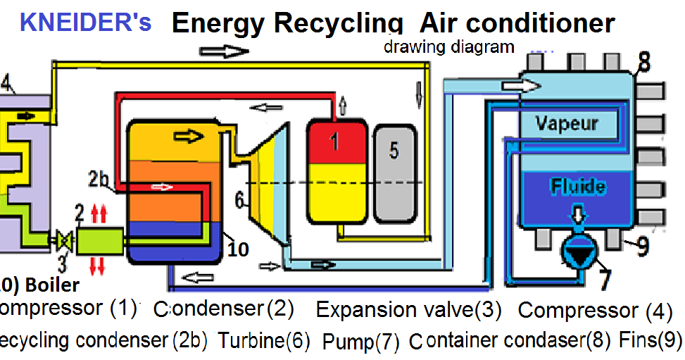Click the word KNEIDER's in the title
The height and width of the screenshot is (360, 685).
pyautogui.click(x=85, y=22)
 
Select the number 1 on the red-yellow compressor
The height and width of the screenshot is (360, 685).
pyautogui.click(x=335, y=143)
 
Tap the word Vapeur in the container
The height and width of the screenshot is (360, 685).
pyautogui.click(x=566, y=123)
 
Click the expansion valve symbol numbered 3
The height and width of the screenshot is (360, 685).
pyautogui.click(x=64, y=242)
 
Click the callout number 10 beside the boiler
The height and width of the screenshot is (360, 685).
pyautogui.click(x=237, y=249)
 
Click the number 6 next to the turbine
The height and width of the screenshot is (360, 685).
pyautogui.click(x=239, y=201)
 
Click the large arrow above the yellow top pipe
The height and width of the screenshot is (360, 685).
pyautogui.click(x=224, y=51)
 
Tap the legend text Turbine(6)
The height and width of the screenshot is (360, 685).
pyautogui.click(x=263, y=341)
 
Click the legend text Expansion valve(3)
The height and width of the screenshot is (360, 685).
pyautogui.click(x=408, y=309)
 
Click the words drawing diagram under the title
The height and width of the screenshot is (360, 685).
pyautogui.click(x=448, y=47)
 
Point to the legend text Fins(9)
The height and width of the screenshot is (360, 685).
pyautogui.click(x=651, y=340)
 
